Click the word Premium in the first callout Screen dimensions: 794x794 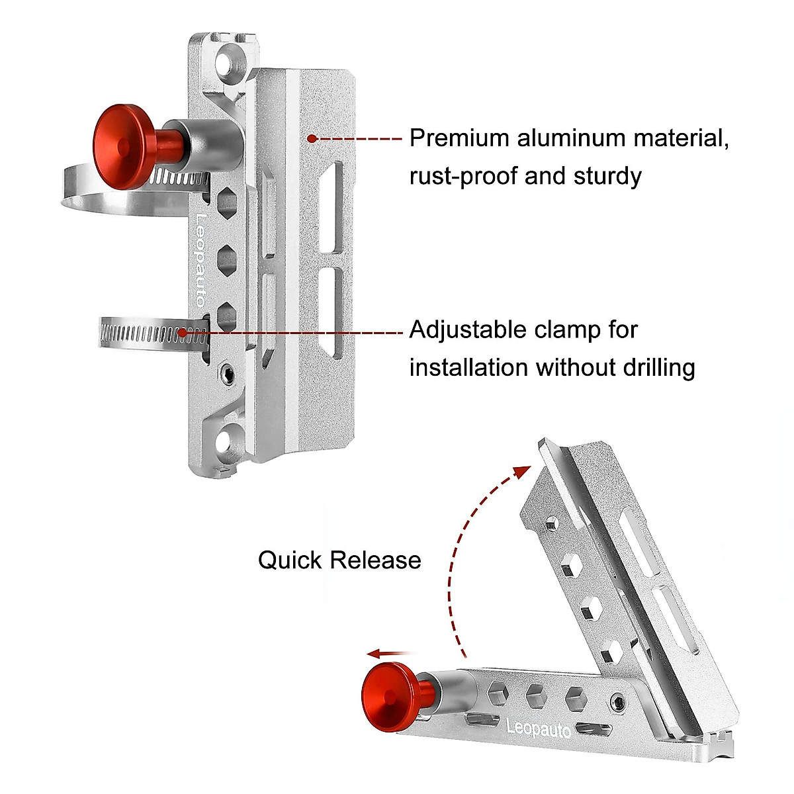[460, 139]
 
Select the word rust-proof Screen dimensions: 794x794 [463, 177]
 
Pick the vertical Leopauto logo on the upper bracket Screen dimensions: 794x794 [200, 260]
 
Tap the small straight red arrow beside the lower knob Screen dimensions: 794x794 [390, 654]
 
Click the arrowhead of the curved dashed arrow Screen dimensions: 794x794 [523, 472]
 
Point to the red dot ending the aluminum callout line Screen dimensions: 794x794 [312, 138]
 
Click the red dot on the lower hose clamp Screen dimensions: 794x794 [183, 332]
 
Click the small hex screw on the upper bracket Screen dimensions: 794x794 [228, 375]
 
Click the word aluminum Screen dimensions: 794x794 [572, 139]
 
